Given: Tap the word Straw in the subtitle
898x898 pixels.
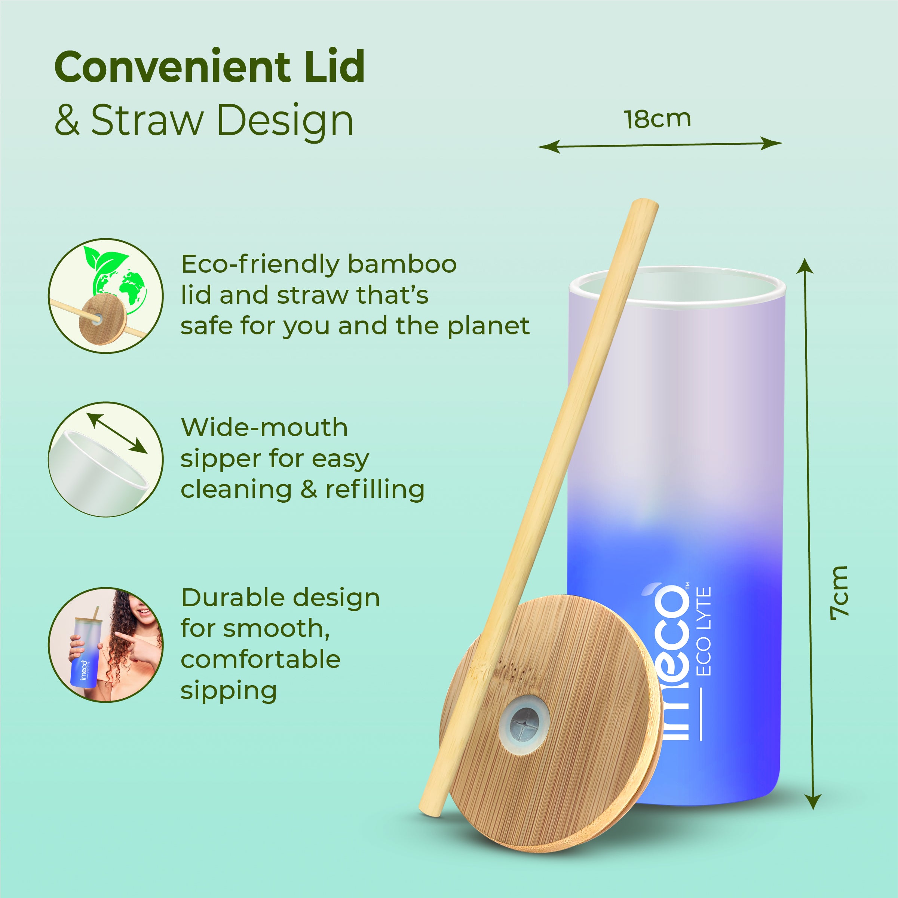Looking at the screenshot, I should coord(147,120).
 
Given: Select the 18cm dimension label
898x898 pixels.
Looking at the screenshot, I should coord(657,119).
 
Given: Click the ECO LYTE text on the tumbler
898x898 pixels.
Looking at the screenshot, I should coord(704,632).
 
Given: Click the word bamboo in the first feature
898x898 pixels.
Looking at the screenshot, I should coord(402,264).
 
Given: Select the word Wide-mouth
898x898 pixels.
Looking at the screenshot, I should coord(264,427).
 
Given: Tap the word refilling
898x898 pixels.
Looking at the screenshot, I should coord(375,490).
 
